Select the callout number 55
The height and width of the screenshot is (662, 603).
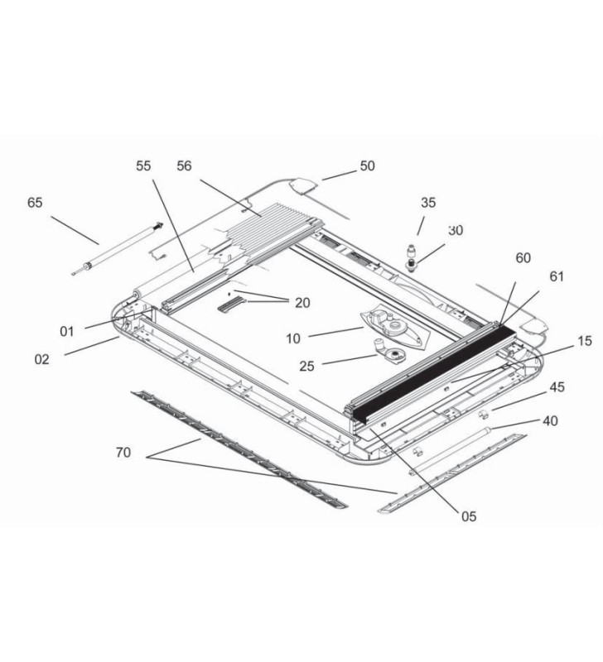[x=143, y=166]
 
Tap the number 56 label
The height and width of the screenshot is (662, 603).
[x=184, y=166]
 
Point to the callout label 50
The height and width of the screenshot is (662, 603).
[x=367, y=166]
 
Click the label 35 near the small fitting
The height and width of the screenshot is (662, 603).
[x=427, y=203]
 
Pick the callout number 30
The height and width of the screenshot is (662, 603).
[x=456, y=231]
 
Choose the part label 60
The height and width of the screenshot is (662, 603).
[x=523, y=258]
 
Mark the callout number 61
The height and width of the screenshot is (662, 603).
[x=556, y=276]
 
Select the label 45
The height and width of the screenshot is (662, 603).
[x=557, y=386]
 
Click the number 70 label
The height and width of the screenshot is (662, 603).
[x=123, y=452]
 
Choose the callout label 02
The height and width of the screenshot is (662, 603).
[x=41, y=359]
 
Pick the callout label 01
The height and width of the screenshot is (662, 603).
[x=67, y=332]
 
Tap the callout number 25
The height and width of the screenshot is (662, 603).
[x=307, y=365]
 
